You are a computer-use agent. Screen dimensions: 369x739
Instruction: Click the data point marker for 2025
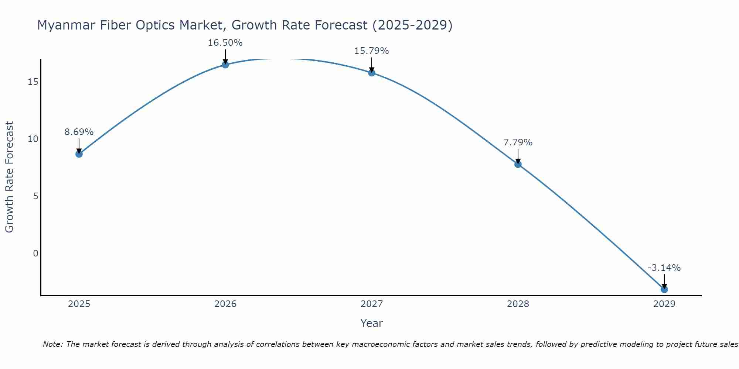[x=79, y=154]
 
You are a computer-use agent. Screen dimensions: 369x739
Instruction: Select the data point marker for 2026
[x=225, y=65]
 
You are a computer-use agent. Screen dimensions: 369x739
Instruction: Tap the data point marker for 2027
[x=372, y=73]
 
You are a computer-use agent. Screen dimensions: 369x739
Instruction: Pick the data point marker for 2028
[x=518, y=164]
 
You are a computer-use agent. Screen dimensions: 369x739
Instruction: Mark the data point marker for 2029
[x=664, y=289]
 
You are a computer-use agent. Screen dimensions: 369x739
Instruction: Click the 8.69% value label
[x=79, y=132]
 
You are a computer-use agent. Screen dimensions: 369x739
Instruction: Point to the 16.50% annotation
[x=225, y=43]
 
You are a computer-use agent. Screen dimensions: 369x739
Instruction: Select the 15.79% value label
[x=371, y=51]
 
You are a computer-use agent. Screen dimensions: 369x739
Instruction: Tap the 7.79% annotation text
[x=518, y=142]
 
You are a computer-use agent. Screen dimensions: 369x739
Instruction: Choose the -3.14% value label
[x=664, y=268]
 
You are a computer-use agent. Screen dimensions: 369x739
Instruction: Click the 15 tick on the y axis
[x=33, y=82]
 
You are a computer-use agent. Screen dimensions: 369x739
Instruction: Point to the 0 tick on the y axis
[x=35, y=254]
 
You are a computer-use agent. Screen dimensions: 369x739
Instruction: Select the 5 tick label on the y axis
[x=35, y=196]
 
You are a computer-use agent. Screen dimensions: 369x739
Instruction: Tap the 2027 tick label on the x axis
[x=372, y=304]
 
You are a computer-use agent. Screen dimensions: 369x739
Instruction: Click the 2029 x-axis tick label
[x=664, y=304]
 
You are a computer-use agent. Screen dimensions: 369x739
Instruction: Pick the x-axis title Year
[x=371, y=323]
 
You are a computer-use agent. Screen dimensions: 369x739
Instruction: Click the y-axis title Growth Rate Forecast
[x=9, y=177]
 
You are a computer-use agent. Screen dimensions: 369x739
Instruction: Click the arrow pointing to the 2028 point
[x=518, y=156]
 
